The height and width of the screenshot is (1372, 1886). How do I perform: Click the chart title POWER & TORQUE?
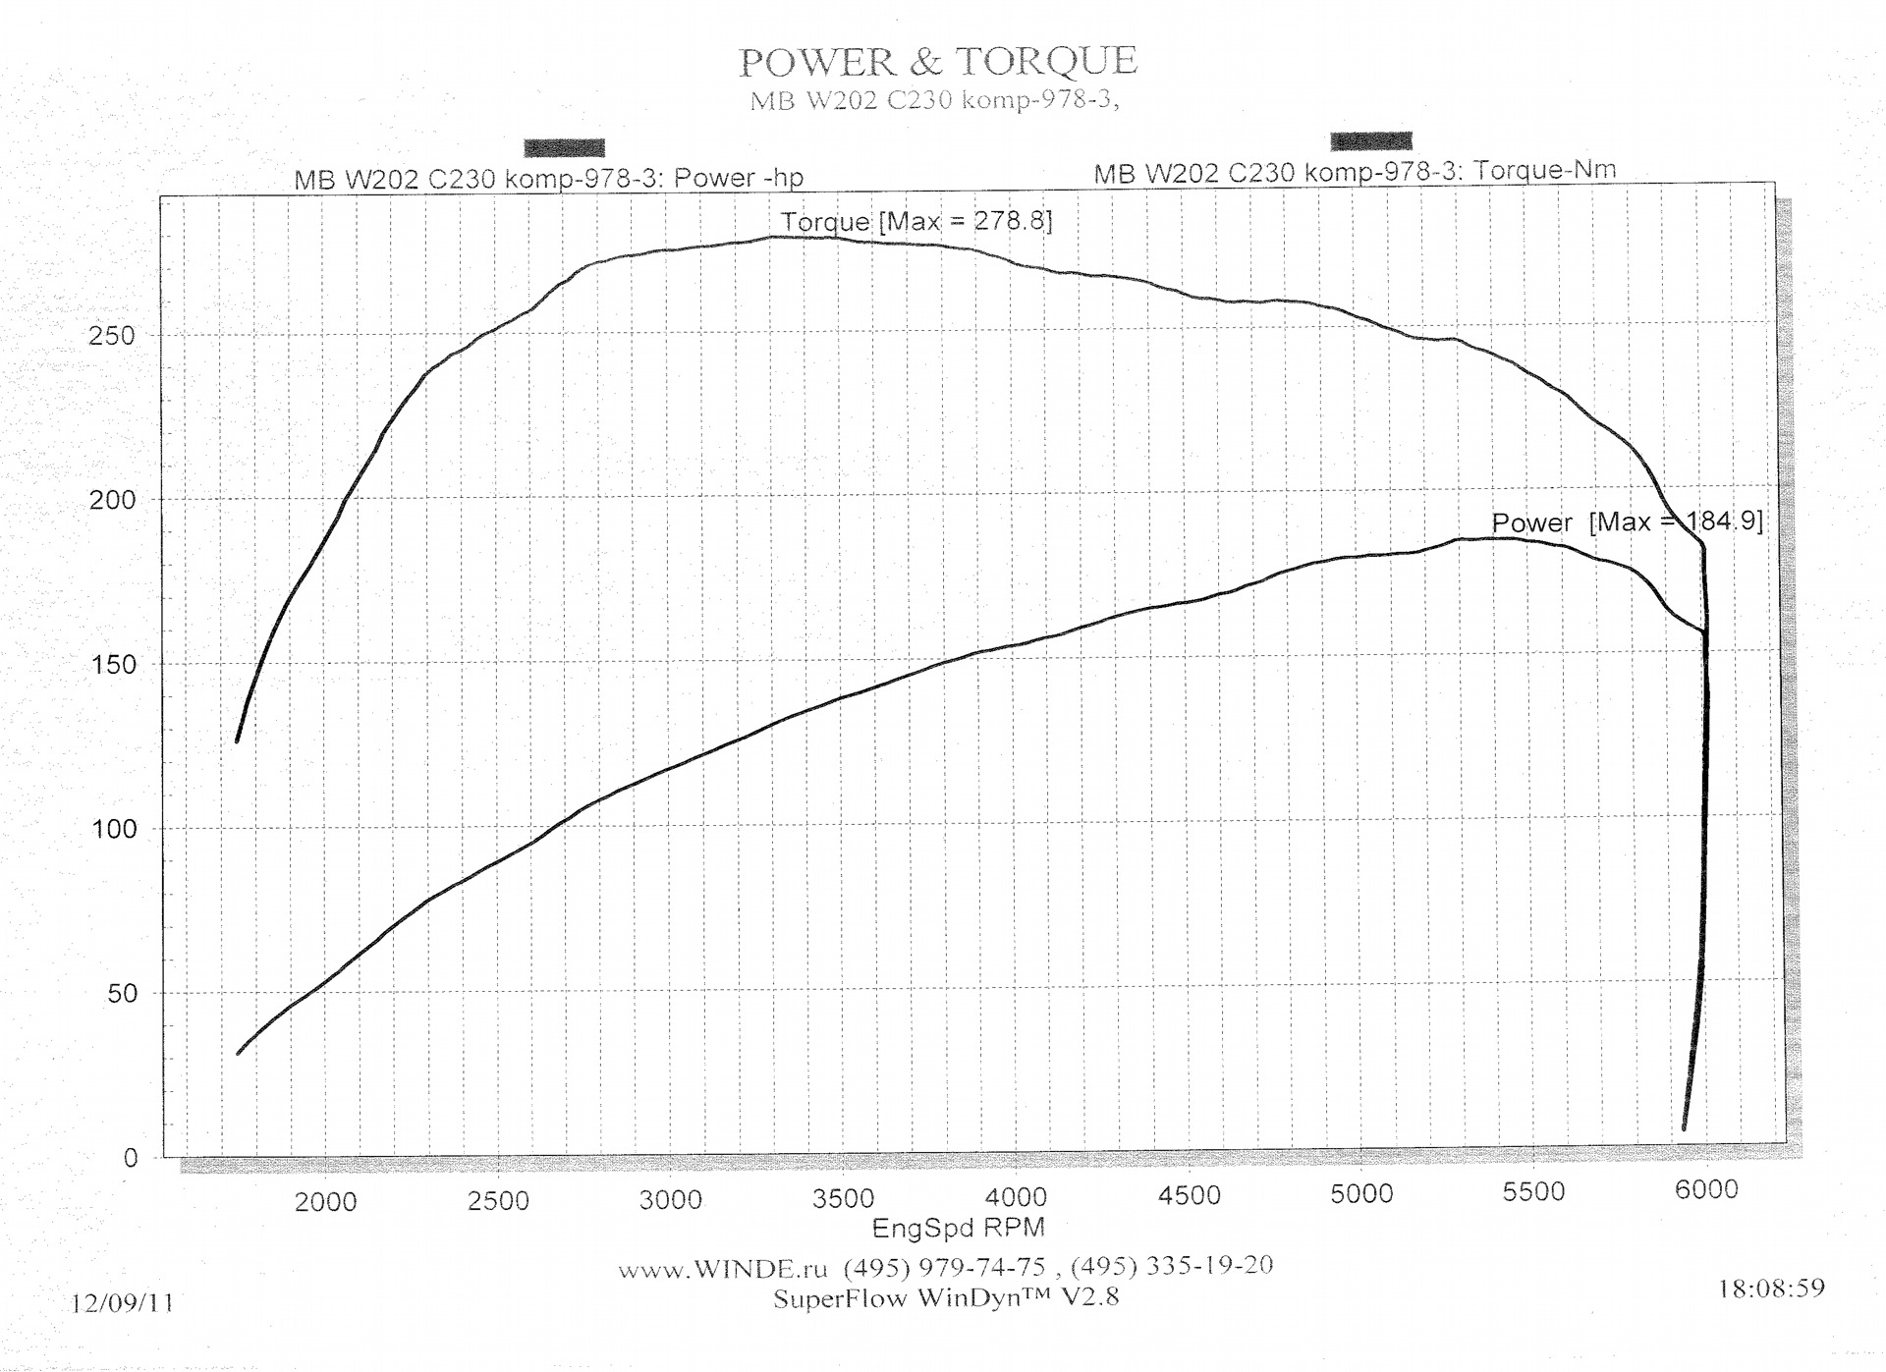(937, 62)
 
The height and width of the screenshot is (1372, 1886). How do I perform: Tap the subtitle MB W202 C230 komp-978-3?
(934, 100)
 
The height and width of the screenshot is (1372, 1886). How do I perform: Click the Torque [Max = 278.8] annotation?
(915, 221)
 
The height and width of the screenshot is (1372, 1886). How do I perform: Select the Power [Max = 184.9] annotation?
(1627, 521)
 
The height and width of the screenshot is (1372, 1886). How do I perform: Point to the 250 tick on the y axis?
(112, 336)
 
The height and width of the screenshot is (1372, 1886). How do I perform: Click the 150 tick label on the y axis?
(112, 665)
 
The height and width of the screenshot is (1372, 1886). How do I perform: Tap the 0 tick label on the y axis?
(131, 1158)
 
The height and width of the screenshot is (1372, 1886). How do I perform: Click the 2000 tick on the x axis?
(326, 1202)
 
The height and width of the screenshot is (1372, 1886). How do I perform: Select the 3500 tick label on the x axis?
(844, 1199)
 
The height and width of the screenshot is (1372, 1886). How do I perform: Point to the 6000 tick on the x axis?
(1706, 1190)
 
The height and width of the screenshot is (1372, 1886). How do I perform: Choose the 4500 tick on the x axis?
(1190, 1196)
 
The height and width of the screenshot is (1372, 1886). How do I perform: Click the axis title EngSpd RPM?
(958, 1228)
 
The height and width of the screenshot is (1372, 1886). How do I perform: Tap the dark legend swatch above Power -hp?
(564, 148)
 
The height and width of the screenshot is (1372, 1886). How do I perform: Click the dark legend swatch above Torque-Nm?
(1371, 141)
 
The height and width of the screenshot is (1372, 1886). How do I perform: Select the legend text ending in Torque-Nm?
(1355, 172)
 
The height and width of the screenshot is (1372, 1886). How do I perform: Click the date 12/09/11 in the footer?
(122, 1303)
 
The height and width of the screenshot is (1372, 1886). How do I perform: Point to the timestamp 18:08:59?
(1771, 1288)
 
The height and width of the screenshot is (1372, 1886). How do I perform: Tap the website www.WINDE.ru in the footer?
(722, 1269)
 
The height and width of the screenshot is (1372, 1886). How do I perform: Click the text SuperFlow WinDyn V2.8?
(945, 1298)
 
